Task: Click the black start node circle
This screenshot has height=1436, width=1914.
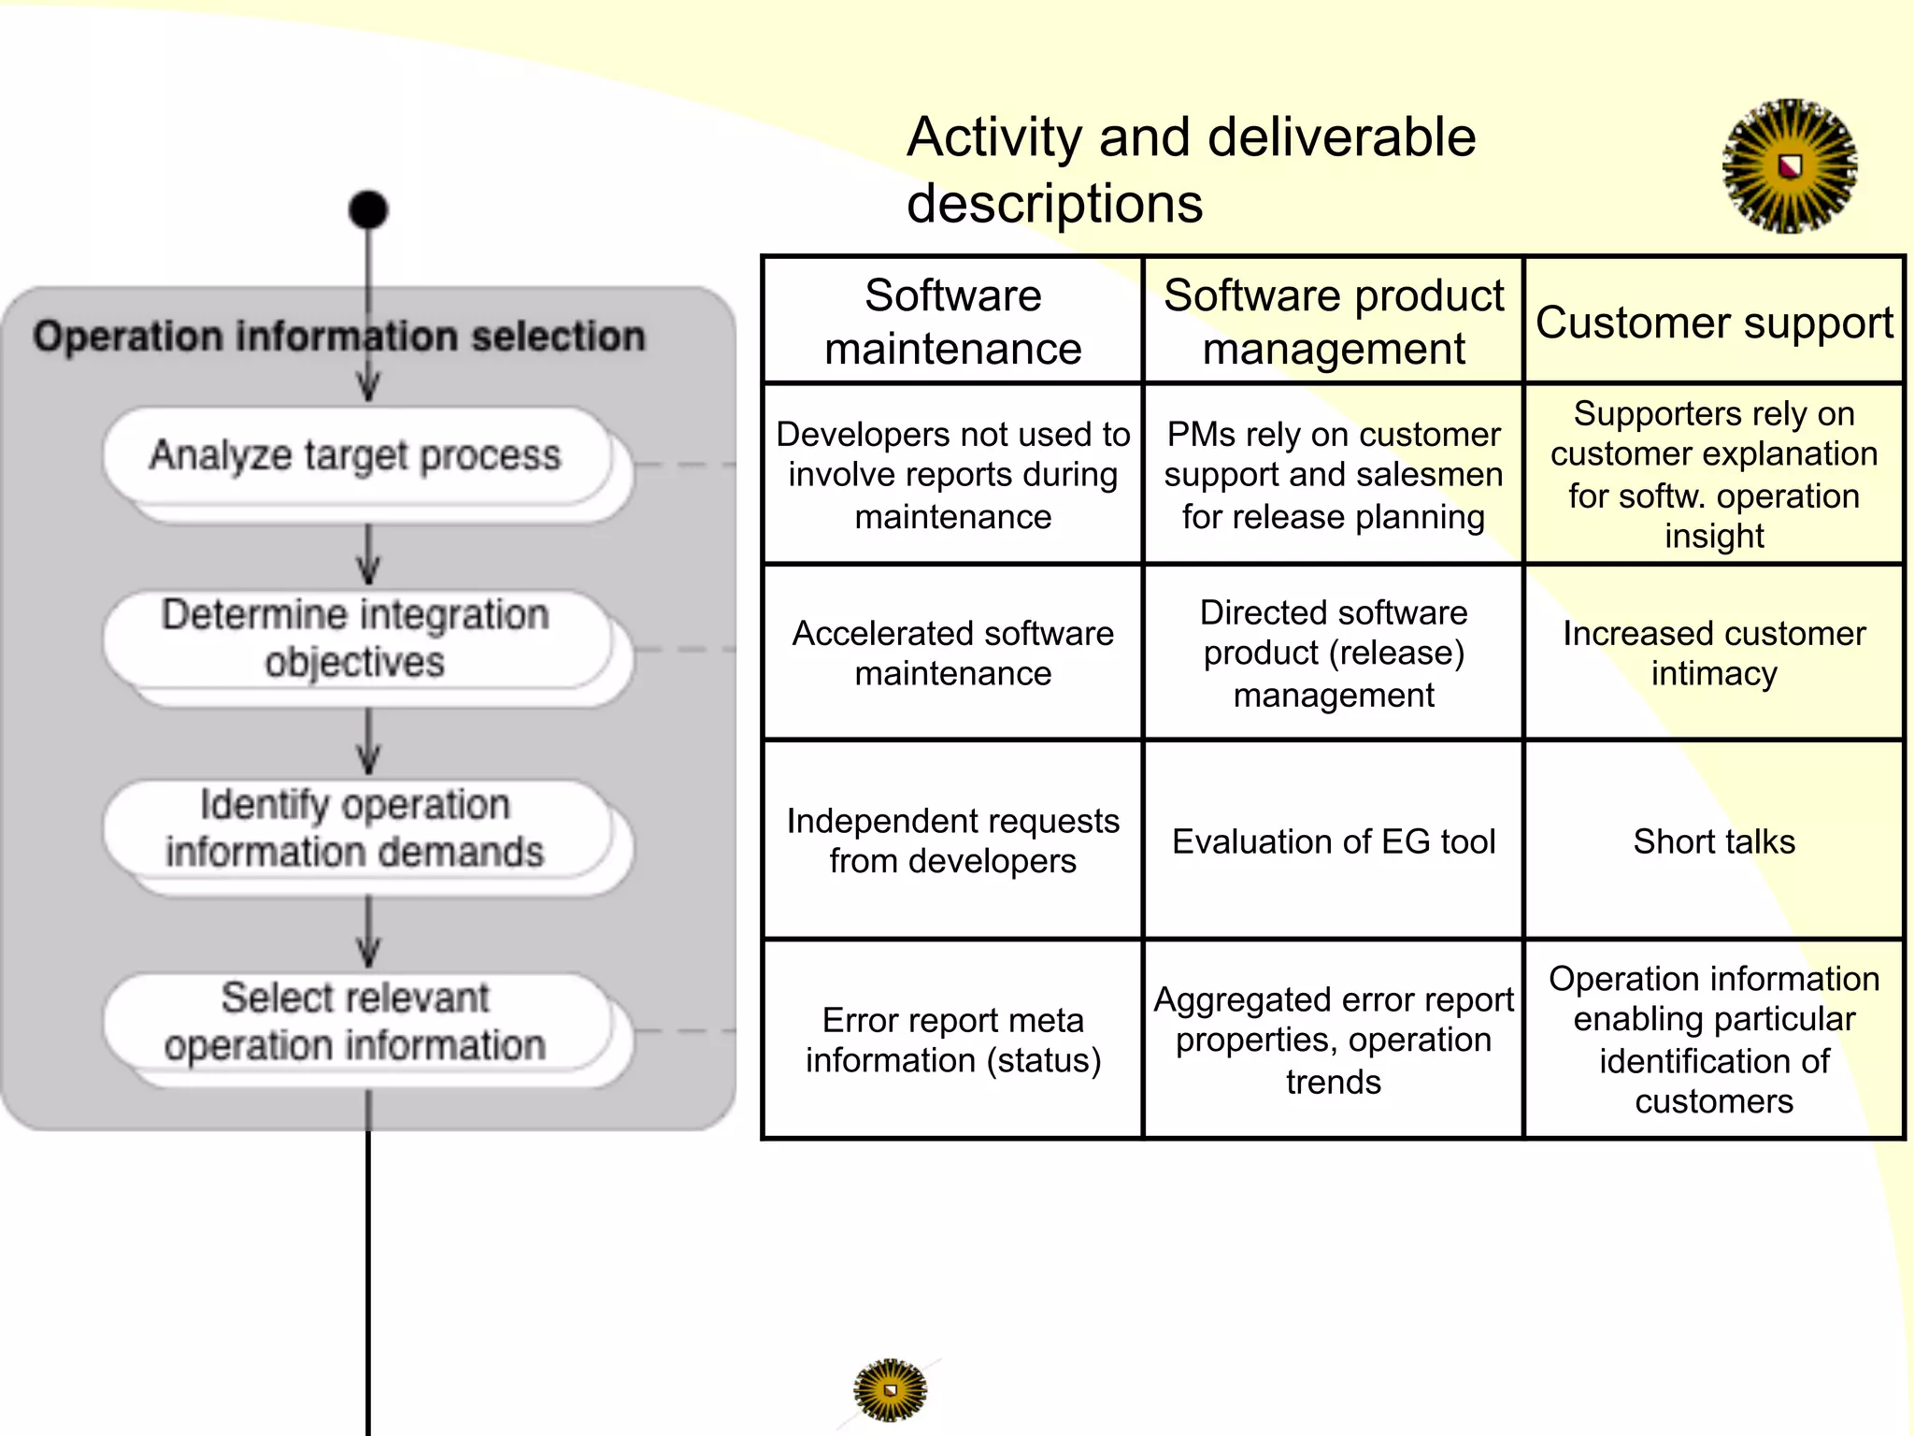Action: pyautogui.click(x=367, y=209)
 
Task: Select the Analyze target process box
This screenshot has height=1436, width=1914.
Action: pyautogui.click(x=356, y=456)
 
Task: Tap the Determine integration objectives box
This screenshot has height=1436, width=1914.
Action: pyautogui.click(x=356, y=639)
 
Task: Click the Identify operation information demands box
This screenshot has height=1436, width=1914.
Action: pyautogui.click(x=356, y=829)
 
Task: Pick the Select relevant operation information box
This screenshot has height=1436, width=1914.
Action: pyautogui.click(x=356, y=1022)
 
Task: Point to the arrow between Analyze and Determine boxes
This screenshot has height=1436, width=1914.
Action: pyautogui.click(x=368, y=555)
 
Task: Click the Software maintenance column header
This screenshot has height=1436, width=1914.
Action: pyautogui.click(x=952, y=322)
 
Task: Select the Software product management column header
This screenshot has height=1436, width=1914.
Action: pyautogui.click(x=1333, y=322)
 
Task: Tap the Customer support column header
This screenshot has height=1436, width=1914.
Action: pyautogui.click(x=1713, y=323)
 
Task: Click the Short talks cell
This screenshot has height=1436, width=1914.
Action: pyautogui.click(x=1713, y=841)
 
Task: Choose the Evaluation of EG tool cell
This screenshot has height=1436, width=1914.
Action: pyautogui.click(x=1333, y=841)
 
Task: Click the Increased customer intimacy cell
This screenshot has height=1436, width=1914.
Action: pyautogui.click(x=1713, y=653)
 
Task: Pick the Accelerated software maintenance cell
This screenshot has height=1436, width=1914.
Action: pyautogui.click(x=952, y=653)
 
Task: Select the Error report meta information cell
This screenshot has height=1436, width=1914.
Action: pyautogui.click(x=952, y=1040)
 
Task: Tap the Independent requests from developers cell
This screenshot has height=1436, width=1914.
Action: pyautogui.click(x=952, y=840)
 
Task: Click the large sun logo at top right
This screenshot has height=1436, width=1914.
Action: pyautogui.click(x=1789, y=166)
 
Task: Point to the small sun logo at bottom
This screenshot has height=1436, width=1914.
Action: pyautogui.click(x=890, y=1390)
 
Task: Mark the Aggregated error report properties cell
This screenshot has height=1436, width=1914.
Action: pyautogui.click(x=1333, y=1040)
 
